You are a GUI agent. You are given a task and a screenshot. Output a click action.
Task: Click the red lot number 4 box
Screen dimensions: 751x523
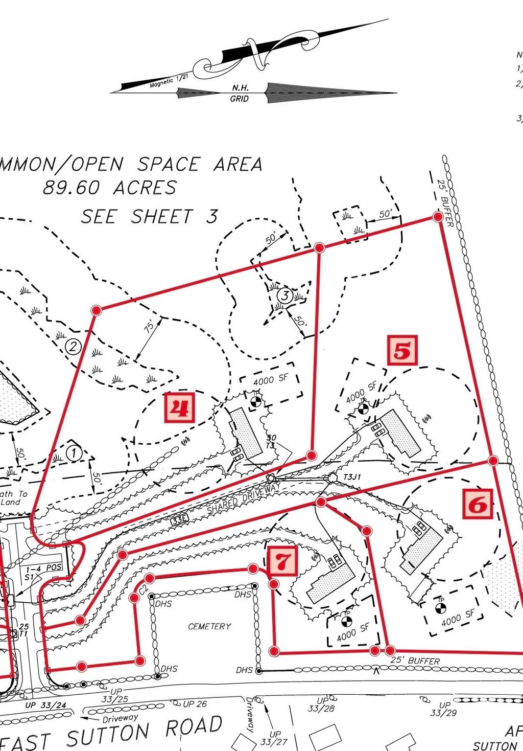click(180, 407)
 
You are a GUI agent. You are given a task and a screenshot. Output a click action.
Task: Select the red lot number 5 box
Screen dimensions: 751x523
click(402, 350)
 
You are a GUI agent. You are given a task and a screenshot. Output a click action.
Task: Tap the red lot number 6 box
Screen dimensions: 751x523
click(478, 504)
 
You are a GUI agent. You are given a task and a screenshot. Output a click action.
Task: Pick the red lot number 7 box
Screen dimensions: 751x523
click(282, 561)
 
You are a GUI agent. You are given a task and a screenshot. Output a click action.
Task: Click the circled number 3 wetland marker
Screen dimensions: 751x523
click(285, 295)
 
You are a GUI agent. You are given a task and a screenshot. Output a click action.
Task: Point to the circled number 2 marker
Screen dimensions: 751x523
click(73, 347)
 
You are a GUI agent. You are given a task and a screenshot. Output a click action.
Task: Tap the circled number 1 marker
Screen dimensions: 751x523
click(74, 452)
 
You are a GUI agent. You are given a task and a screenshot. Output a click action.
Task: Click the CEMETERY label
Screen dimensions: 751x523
click(209, 626)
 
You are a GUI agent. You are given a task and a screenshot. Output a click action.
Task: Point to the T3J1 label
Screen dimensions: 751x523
click(352, 477)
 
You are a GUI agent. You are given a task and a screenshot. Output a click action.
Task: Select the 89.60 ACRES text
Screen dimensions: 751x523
click(109, 188)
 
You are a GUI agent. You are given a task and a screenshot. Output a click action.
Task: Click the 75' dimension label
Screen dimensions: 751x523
click(149, 328)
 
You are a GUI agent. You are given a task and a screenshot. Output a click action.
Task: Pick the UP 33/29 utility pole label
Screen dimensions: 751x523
click(443, 709)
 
